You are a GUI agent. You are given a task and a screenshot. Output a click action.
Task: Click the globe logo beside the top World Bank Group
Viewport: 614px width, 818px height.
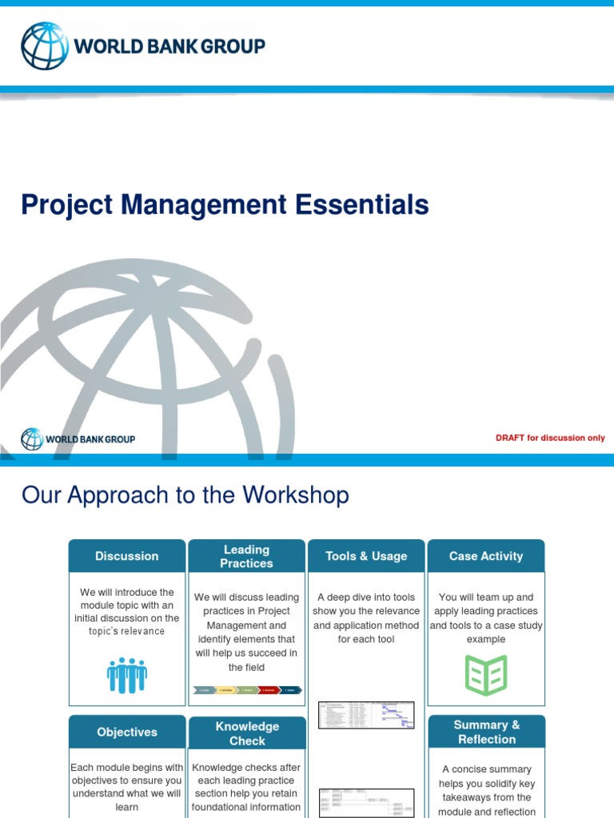[45, 46]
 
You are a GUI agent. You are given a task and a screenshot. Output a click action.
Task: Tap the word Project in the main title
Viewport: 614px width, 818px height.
[67, 205]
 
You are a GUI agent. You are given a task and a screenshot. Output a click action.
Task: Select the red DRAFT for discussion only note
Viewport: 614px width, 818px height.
[550, 438]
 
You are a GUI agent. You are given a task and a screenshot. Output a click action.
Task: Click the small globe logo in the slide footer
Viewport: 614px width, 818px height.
[32, 439]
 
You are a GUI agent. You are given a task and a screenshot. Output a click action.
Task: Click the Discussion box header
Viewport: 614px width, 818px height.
[127, 556]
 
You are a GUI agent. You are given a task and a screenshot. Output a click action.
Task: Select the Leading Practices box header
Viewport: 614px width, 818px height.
[246, 556]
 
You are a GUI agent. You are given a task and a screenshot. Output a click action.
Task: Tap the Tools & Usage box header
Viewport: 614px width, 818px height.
[366, 556]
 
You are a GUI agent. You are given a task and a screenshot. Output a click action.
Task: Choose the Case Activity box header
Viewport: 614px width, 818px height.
[486, 556]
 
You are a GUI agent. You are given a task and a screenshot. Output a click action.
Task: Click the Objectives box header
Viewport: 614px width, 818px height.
[127, 732]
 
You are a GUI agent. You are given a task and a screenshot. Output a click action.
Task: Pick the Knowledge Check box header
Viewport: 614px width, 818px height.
[247, 733]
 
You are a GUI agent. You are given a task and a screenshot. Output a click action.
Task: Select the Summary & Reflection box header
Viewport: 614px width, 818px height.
[486, 732]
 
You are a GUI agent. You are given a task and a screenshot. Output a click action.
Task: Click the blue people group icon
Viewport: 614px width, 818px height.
[127, 676]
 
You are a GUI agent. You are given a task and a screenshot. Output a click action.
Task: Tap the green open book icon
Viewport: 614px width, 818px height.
[486, 675]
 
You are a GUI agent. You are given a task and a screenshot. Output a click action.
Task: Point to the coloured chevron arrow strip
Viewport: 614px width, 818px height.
[247, 689]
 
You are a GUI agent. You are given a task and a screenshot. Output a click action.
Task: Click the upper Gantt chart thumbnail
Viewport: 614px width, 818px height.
[366, 715]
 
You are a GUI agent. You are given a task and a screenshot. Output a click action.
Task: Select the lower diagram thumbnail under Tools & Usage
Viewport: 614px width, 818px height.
[366, 802]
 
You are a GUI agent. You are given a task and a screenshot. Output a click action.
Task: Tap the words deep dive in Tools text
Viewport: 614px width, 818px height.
[352, 598]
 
